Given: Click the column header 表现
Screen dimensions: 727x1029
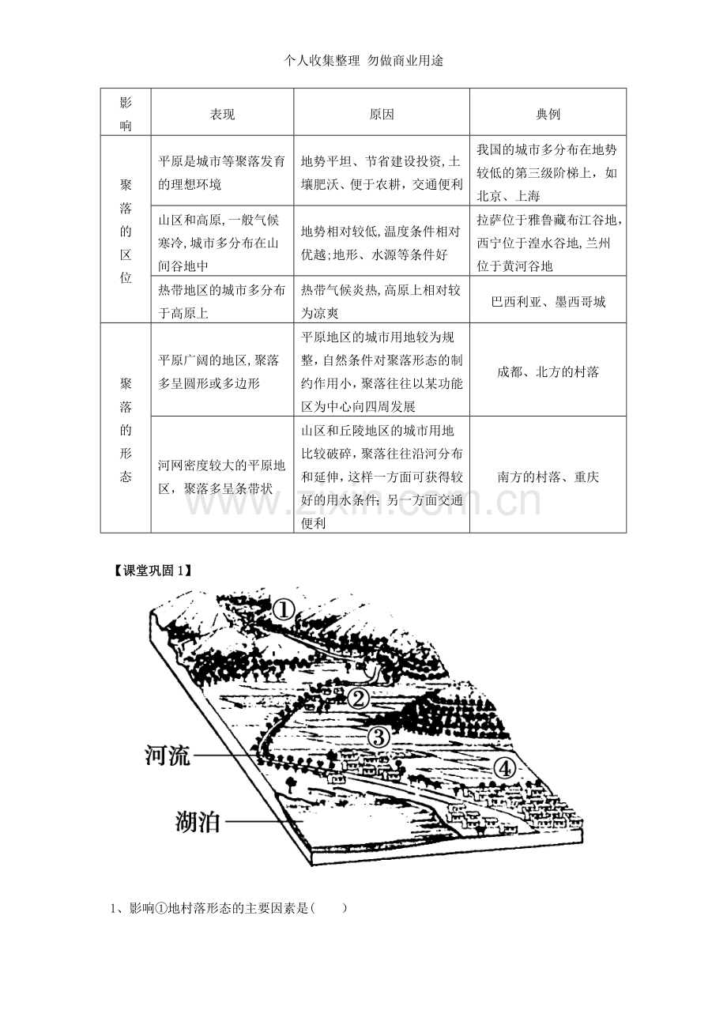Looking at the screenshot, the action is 222,114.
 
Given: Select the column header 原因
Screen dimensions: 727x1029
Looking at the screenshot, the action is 382,114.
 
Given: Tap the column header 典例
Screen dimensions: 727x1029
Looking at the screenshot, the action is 548,114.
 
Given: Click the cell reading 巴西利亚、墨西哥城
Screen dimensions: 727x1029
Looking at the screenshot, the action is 548,301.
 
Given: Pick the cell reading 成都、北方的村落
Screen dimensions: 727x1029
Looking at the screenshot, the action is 548,371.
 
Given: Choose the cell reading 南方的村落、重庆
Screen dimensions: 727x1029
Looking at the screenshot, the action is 548,477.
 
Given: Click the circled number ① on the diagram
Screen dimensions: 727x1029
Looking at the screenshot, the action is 283,610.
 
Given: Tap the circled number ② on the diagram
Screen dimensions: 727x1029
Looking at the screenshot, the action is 358,699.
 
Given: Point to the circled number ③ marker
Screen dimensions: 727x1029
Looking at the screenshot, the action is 379,737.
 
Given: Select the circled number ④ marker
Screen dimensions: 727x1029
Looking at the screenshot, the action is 504,768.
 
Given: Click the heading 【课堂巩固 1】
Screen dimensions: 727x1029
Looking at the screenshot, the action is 152,570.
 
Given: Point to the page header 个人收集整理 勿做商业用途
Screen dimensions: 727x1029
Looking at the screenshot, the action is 363,60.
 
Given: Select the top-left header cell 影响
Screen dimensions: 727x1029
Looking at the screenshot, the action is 126,114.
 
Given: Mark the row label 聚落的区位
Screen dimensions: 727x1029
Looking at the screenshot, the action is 126,231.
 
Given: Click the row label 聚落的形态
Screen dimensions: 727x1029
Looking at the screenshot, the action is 126,430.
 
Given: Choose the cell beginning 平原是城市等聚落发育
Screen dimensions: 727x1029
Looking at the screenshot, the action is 222,173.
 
